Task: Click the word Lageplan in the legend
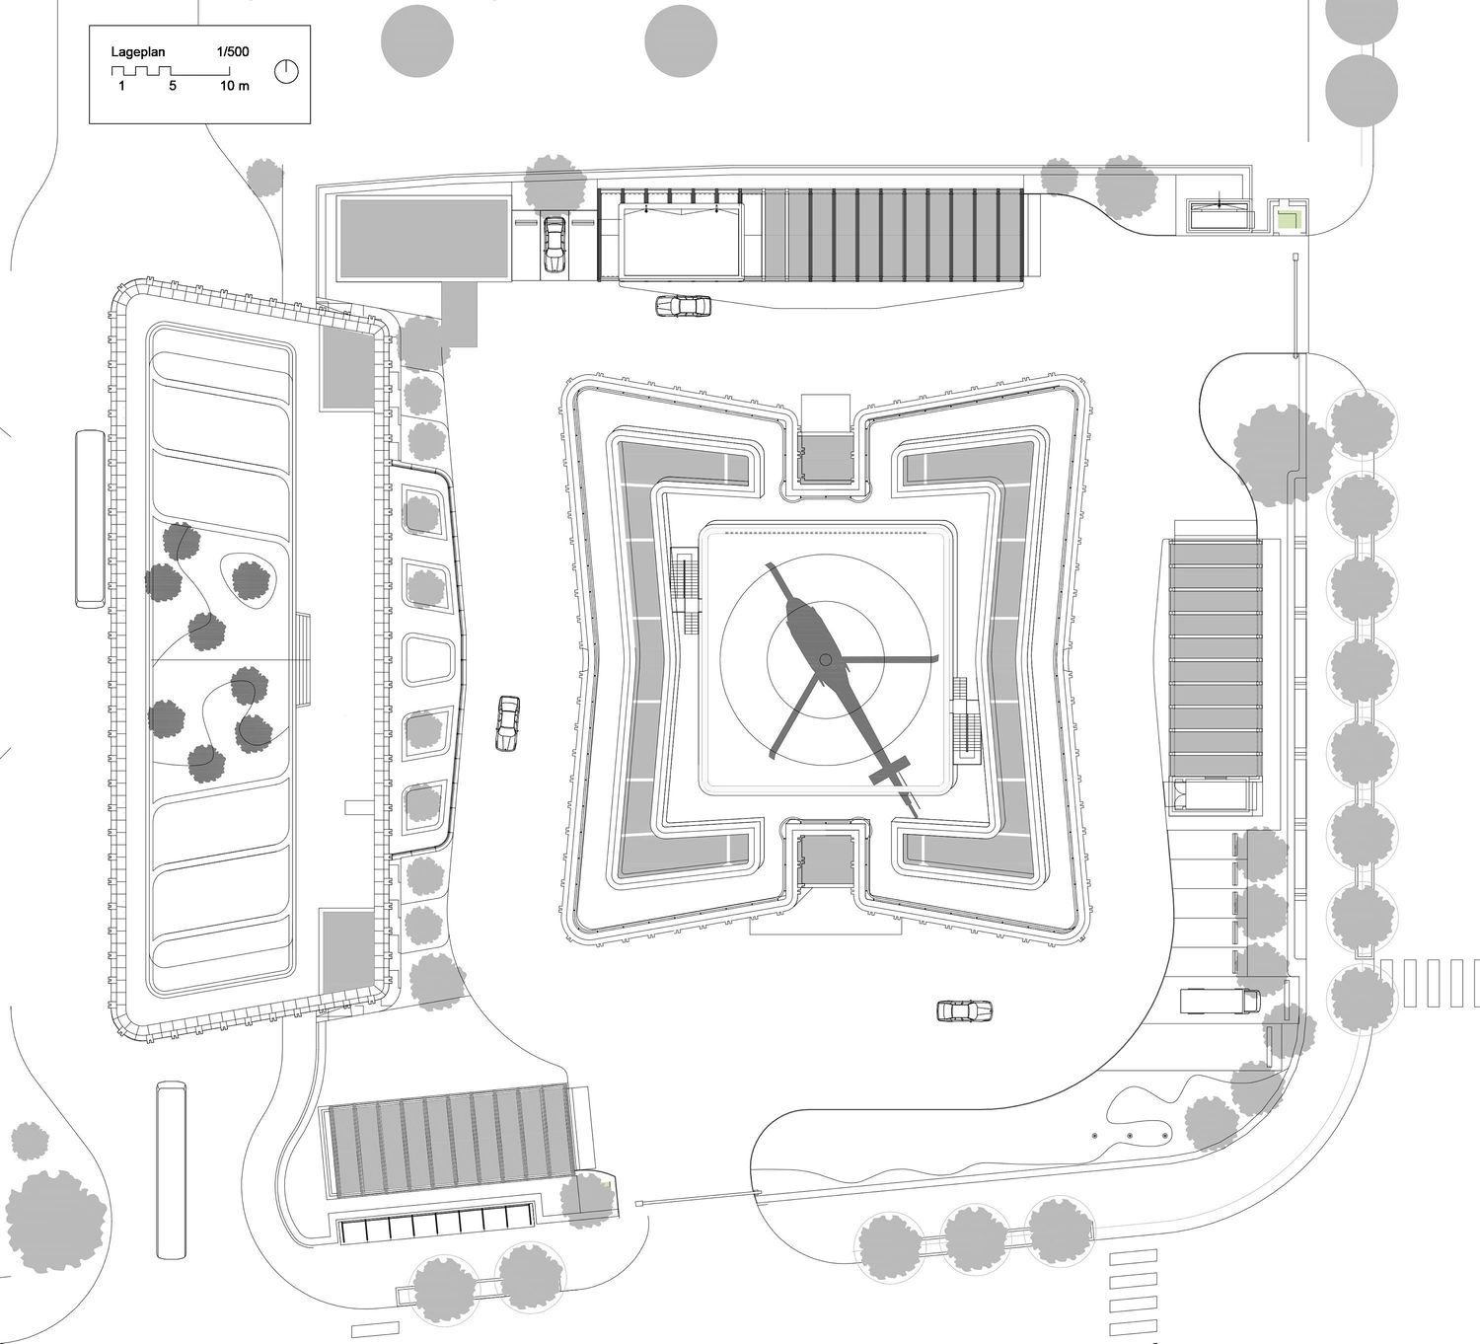(x=138, y=52)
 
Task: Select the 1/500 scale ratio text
(x=233, y=51)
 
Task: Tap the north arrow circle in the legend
(x=286, y=72)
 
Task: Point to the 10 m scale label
(x=235, y=86)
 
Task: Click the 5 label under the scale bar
(x=173, y=86)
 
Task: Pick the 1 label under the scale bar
(x=121, y=86)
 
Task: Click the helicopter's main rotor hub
(x=826, y=659)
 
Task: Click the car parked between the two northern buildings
(x=554, y=244)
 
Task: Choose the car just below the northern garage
(x=684, y=306)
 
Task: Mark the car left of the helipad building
(x=508, y=723)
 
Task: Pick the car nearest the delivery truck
(x=964, y=1010)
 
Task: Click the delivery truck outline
(x=1221, y=1000)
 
